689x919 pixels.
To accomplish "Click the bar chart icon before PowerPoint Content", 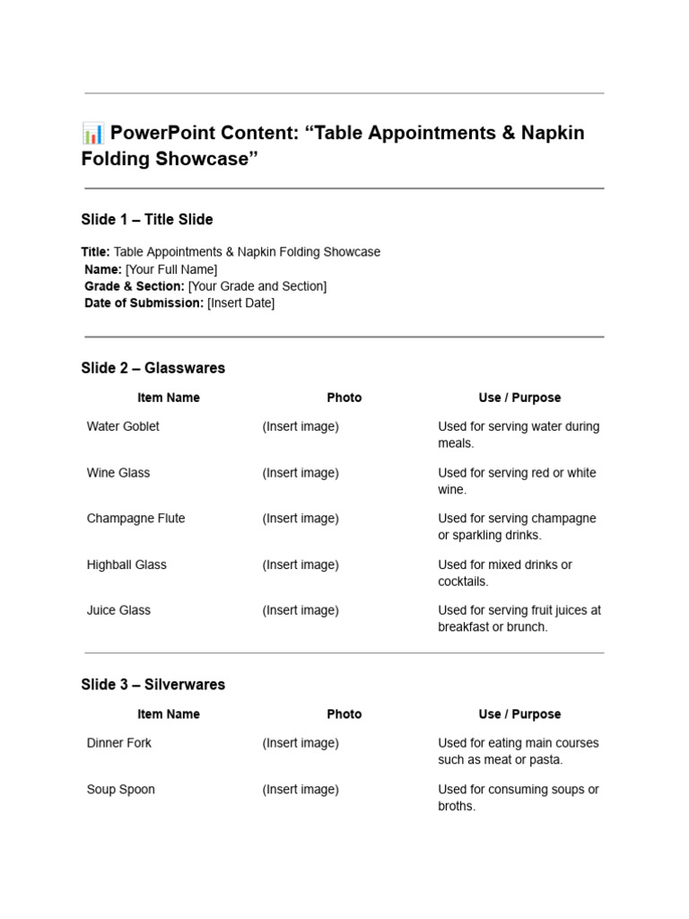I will click(x=92, y=134).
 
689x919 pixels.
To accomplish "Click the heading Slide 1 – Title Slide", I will click(x=147, y=219).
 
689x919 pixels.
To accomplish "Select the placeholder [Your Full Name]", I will click(x=171, y=269).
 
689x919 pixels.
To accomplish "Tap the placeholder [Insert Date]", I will click(x=240, y=303).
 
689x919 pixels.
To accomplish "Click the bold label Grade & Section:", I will click(x=135, y=286).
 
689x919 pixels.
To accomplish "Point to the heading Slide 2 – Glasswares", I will click(x=153, y=368).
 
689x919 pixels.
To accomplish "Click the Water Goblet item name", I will click(x=123, y=427).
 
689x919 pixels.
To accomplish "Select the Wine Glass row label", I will click(x=118, y=473).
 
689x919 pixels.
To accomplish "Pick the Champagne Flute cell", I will click(x=135, y=519).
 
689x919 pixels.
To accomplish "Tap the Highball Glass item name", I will click(x=126, y=565).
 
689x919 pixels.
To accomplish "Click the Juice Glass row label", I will click(x=118, y=610).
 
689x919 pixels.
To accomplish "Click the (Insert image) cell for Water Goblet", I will click(x=301, y=427).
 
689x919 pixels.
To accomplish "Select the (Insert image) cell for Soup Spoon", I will click(x=301, y=790).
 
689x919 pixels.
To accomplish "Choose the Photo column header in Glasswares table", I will click(x=344, y=398).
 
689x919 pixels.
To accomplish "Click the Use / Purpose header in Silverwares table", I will click(x=519, y=714).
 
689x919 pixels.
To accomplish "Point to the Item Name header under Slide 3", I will click(x=169, y=714).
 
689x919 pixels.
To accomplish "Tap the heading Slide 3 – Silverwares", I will click(x=153, y=685).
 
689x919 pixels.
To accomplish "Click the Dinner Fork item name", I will click(x=119, y=743).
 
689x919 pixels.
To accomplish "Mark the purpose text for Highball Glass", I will click(x=504, y=573).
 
